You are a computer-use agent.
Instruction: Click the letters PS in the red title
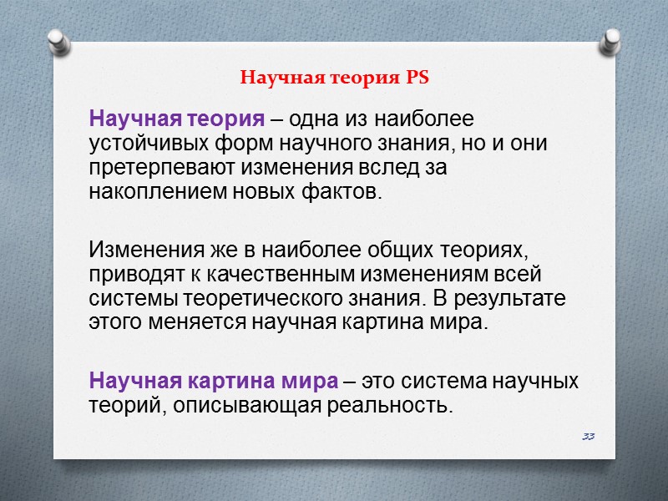point(417,79)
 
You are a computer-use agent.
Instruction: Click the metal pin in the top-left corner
point(58,43)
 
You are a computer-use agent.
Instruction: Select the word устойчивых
point(143,143)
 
